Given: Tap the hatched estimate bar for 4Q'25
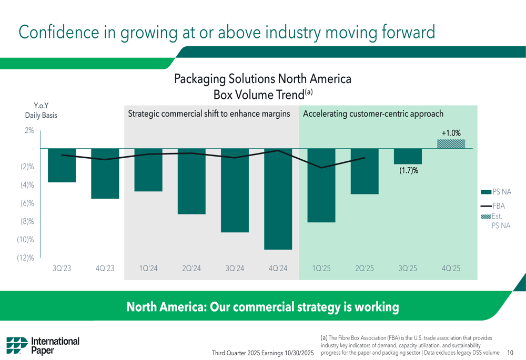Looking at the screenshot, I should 451,143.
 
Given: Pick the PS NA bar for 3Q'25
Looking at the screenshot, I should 408,156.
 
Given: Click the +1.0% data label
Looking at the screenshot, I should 451,133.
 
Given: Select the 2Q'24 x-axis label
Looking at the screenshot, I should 191,268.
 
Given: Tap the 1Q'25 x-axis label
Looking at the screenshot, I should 321,268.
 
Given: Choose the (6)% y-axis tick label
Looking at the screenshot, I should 26,203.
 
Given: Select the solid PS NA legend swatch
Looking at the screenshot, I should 485,192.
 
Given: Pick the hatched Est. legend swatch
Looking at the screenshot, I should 485,216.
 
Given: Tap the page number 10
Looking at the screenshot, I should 510,353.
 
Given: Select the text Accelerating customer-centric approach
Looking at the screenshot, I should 373,114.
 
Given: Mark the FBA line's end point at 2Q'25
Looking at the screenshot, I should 365,158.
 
